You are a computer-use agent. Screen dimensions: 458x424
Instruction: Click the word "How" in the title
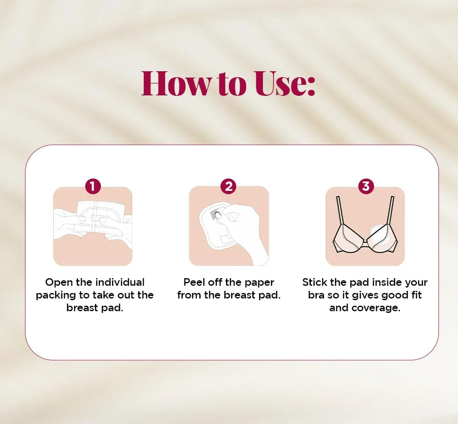click(175, 84)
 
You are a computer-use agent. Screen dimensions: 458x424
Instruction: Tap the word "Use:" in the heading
click(285, 84)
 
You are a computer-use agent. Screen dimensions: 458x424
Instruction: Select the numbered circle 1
click(93, 186)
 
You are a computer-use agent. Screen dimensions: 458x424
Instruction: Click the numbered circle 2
click(229, 186)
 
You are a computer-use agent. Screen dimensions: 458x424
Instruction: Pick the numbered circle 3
click(366, 186)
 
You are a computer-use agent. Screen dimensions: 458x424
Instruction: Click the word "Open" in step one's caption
click(59, 283)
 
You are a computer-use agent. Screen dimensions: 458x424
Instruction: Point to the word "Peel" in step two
click(194, 282)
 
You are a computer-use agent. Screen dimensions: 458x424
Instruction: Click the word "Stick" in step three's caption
click(314, 282)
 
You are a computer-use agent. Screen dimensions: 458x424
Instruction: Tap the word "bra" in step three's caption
click(316, 295)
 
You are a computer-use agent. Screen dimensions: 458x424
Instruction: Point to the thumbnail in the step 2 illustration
click(218, 215)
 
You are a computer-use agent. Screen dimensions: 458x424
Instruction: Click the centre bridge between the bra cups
click(365, 241)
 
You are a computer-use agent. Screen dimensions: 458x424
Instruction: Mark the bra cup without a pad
click(349, 237)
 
